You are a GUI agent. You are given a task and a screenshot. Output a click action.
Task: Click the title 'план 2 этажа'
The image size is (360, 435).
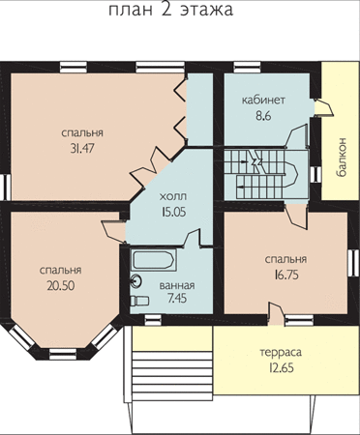[170, 10]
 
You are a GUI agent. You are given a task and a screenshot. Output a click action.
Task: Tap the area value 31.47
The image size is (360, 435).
[83, 148]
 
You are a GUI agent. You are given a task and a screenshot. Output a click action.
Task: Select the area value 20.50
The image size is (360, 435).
[61, 285]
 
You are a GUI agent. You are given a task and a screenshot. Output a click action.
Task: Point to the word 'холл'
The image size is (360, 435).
[173, 196]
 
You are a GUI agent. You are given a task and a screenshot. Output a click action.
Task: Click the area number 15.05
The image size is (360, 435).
[173, 212]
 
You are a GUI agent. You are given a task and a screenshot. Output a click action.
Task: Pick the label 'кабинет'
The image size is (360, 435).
[263, 100]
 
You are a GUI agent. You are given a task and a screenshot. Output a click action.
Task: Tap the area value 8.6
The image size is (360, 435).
[263, 115]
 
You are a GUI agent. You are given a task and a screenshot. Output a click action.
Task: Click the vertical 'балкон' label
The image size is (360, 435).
[342, 158]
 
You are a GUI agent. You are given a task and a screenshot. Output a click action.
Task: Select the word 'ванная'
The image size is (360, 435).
[177, 285]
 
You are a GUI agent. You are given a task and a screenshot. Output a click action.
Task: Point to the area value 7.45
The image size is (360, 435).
[177, 299]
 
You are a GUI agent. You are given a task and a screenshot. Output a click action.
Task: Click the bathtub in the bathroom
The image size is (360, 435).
[154, 260]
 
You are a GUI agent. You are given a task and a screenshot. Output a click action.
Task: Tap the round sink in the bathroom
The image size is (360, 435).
[136, 280]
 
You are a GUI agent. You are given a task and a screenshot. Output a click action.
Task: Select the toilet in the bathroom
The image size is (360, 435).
[139, 301]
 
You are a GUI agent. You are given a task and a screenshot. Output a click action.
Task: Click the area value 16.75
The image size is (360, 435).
[286, 275]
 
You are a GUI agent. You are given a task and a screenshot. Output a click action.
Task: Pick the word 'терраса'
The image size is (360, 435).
[281, 352]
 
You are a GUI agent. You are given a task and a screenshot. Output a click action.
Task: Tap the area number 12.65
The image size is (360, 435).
[281, 367]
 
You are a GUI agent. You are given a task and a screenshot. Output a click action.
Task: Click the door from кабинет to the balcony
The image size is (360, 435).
[323, 107]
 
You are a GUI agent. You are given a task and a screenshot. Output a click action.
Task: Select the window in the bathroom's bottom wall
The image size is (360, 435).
[153, 320]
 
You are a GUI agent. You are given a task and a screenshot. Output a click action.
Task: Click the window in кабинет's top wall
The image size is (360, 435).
[247, 68]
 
